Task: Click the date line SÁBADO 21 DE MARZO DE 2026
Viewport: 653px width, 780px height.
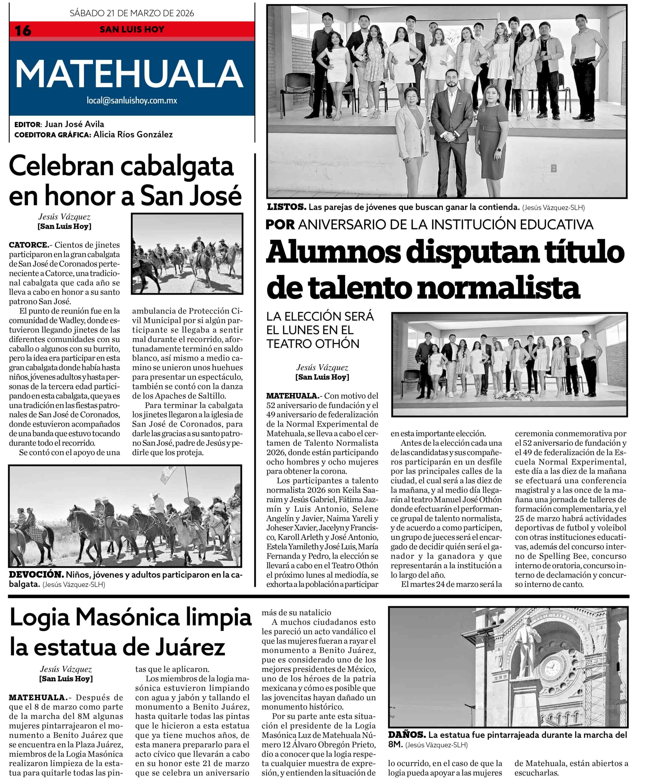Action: point(132,13)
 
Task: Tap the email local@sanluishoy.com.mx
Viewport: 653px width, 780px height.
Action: point(132,100)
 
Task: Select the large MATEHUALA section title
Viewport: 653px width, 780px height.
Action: point(129,74)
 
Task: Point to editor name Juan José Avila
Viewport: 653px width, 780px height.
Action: point(74,124)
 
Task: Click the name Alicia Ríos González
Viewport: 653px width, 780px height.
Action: point(133,134)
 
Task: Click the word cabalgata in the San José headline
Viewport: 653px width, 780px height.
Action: point(177,167)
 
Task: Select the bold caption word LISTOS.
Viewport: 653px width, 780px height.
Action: point(287,207)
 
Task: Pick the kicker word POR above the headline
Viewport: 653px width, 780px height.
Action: point(280,224)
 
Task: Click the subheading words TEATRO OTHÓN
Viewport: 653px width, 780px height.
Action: point(313,344)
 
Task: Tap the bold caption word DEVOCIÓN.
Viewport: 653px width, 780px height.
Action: point(36,574)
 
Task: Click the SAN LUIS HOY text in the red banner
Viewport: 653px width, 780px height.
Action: point(132,30)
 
